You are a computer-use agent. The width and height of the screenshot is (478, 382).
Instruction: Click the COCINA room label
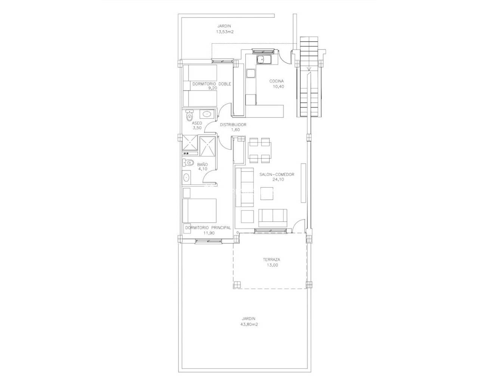point(277,81)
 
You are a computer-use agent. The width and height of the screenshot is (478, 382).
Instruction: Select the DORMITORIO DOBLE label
point(211,84)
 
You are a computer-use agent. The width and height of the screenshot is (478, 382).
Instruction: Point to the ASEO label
point(197,123)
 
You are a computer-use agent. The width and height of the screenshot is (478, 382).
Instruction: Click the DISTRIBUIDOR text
point(233,125)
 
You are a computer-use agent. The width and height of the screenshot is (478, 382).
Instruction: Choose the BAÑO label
point(202,164)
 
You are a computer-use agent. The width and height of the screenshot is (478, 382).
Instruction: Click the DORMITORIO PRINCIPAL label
point(208,228)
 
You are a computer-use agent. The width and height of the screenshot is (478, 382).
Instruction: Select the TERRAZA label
point(271,260)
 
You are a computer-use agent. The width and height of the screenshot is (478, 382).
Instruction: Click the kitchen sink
point(264,60)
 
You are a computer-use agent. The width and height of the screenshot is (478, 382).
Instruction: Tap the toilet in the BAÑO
point(189,162)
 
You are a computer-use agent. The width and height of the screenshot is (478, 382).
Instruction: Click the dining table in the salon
point(259,150)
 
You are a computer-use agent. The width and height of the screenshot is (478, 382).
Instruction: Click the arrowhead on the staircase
point(309,69)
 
